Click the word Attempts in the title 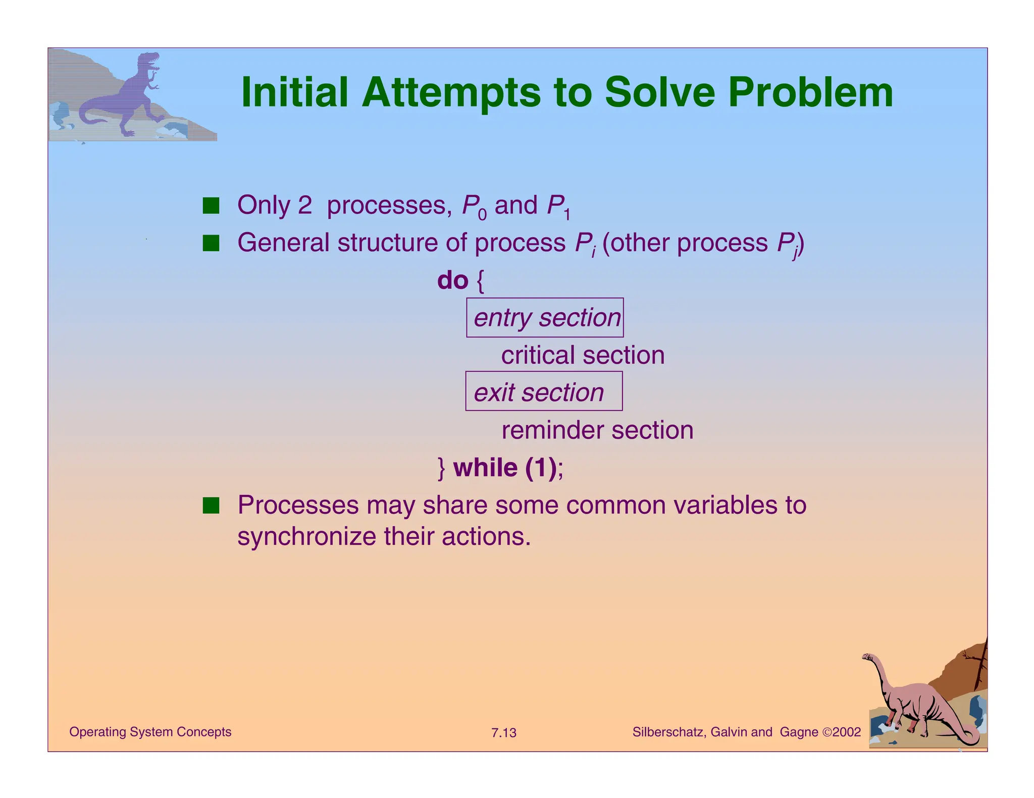point(451,93)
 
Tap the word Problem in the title point(810,93)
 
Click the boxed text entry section point(545,318)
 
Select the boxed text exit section point(539,392)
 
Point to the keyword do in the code point(453,280)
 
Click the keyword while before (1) point(485,468)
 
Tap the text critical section point(582,355)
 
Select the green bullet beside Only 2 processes point(211,206)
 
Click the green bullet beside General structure point(211,243)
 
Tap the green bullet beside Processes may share point(211,505)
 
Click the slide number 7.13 point(503,732)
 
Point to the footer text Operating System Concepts point(150,732)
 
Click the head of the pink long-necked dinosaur point(868,657)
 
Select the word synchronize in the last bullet point(306,537)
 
